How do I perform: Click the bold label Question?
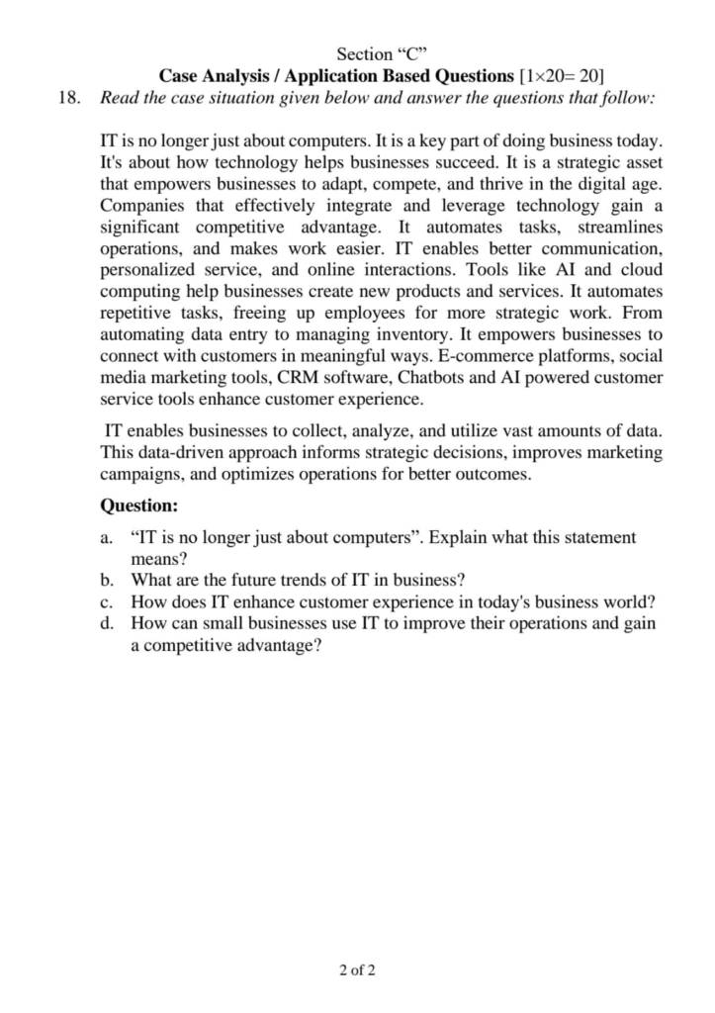pyautogui.click(x=139, y=506)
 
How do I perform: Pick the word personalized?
pyautogui.click(x=150, y=270)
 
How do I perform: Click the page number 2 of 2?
pyautogui.click(x=357, y=970)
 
